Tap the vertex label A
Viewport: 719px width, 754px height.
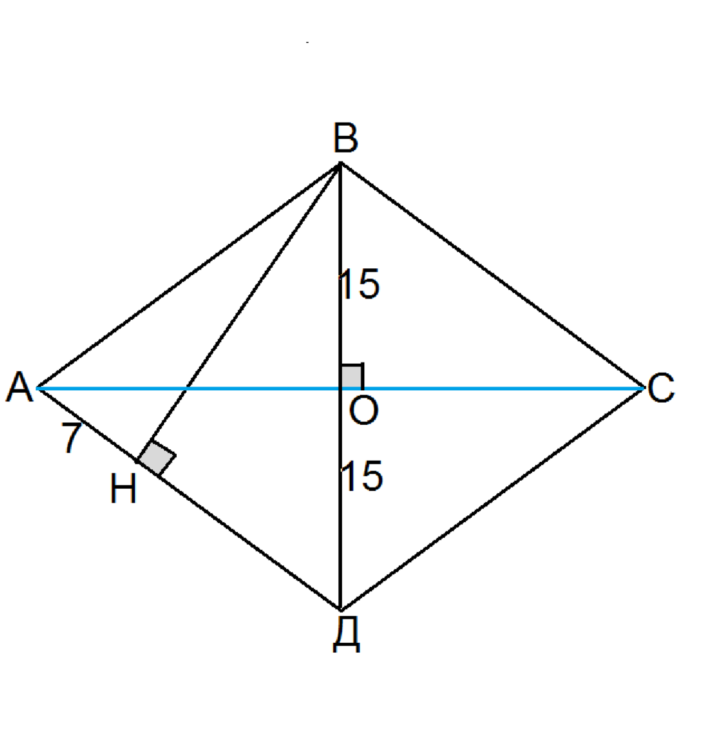pos(20,386)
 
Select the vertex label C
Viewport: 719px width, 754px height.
pos(661,388)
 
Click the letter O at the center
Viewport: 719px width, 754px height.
pos(364,412)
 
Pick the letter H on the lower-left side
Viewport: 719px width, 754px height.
pos(123,489)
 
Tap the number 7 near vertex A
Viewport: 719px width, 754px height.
pos(72,438)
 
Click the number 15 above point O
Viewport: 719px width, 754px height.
pos(360,285)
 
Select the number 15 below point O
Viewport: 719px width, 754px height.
pos(362,476)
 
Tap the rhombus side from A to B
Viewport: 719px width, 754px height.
pos(189,276)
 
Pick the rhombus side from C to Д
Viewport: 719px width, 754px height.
pos(491,500)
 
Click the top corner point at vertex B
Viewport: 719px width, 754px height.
pos(340,163)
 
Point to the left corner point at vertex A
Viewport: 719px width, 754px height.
pos(38,388)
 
